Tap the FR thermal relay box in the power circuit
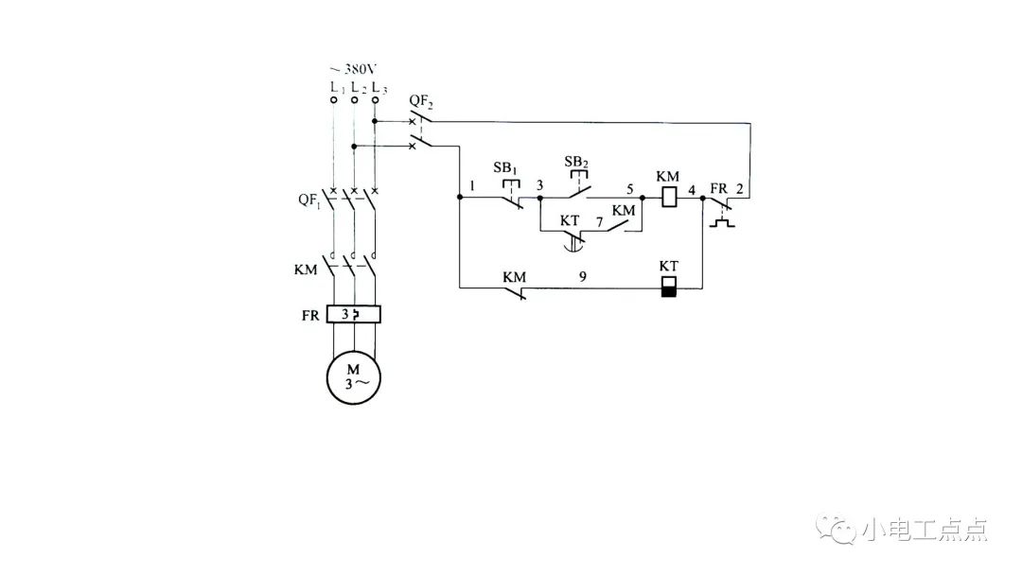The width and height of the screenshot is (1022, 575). click(353, 314)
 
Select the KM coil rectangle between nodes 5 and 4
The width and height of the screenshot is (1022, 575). click(668, 199)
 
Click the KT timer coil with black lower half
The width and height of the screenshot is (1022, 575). click(668, 287)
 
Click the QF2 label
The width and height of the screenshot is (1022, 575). click(421, 99)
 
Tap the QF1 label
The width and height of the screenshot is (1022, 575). click(308, 200)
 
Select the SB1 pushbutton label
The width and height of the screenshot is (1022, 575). click(506, 167)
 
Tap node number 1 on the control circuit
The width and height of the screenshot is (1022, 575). click(471, 187)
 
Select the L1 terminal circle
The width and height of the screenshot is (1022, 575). click(334, 99)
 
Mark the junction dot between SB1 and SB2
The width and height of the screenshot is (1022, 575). click(539, 199)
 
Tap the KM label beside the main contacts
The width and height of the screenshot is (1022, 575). click(306, 270)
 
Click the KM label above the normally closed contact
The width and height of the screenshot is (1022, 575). click(514, 277)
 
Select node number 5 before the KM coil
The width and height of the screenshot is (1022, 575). click(628, 187)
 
